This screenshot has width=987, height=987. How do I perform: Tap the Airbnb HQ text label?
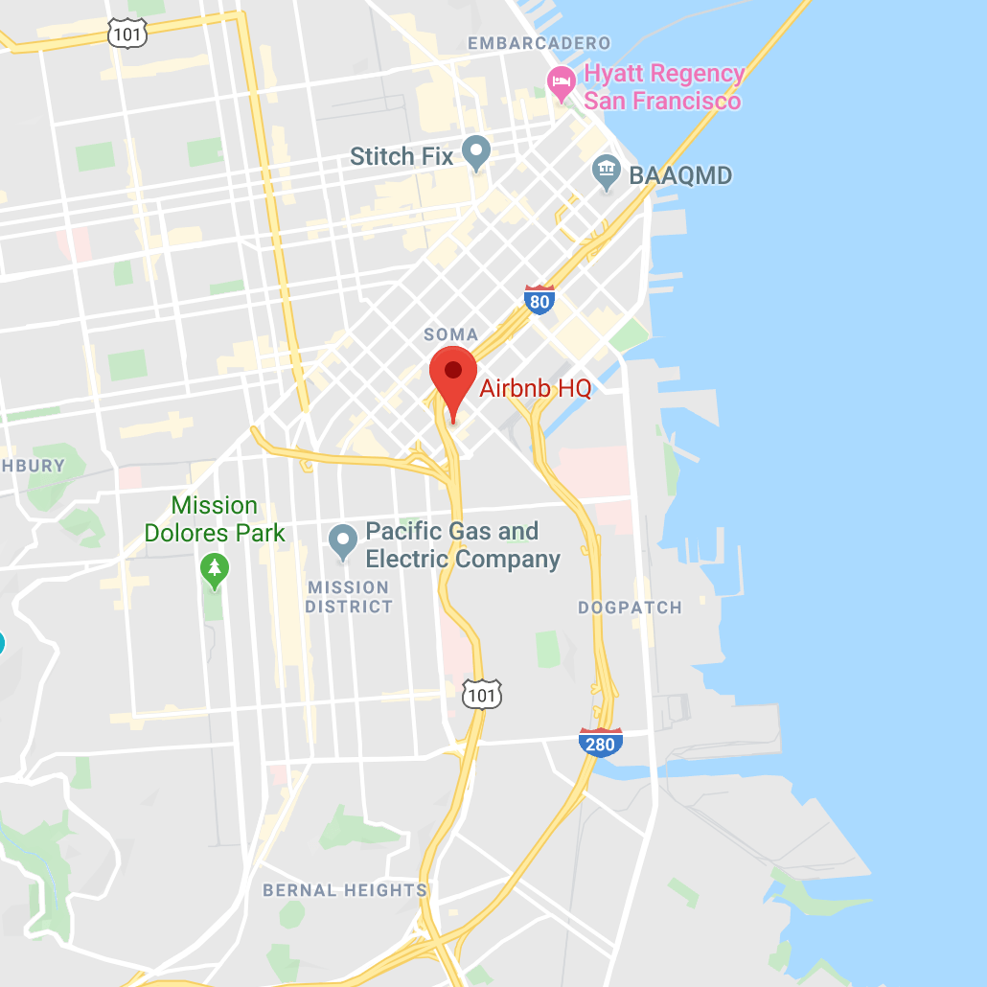pyautogui.click(x=535, y=388)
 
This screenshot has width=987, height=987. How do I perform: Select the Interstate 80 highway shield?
pyautogui.click(x=540, y=300)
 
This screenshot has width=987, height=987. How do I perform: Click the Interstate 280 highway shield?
pyautogui.click(x=601, y=742)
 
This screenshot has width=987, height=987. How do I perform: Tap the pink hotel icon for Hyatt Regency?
pyautogui.click(x=561, y=84)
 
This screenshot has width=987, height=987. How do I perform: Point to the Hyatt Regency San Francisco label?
pyautogui.click(x=663, y=87)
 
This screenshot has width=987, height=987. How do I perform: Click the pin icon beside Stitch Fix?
pyautogui.click(x=476, y=152)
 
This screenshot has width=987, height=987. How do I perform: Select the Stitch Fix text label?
pyautogui.click(x=402, y=156)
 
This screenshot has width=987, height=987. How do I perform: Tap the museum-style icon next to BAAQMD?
pyautogui.click(x=606, y=173)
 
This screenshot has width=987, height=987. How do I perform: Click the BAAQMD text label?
pyautogui.click(x=680, y=175)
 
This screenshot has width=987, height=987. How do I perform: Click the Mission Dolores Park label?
pyautogui.click(x=215, y=518)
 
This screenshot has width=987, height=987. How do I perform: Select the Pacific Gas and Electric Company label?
pyautogui.click(x=463, y=545)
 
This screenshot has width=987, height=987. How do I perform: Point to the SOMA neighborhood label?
pyautogui.click(x=450, y=334)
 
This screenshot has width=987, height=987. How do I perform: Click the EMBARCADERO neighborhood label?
pyautogui.click(x=539, y=43)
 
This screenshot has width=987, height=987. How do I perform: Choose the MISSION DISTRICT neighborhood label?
pyautogui.click(x=349, y=597)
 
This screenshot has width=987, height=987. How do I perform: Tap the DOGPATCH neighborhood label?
pyautogui.click(x=630, y=608)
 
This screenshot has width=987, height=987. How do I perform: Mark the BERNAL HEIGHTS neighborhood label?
pyautogui.click(x=345, y=890)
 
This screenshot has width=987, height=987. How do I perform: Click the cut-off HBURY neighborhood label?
pyautogui.click(x=33, y=466)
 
